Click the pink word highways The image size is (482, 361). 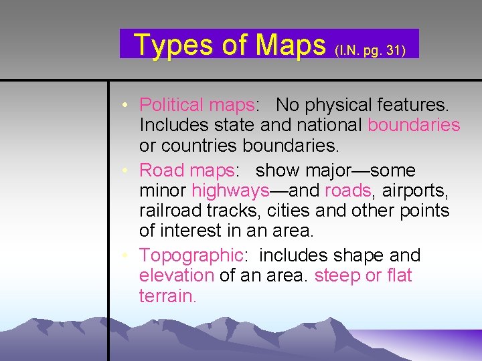(x=230, y=191)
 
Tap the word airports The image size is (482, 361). (x=416, y=191)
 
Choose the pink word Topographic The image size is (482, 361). (x=190, y=255)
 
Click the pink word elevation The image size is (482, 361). (x=176, y=275)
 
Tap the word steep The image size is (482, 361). (x=337, y=275)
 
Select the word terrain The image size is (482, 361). (x=167, y=295)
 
